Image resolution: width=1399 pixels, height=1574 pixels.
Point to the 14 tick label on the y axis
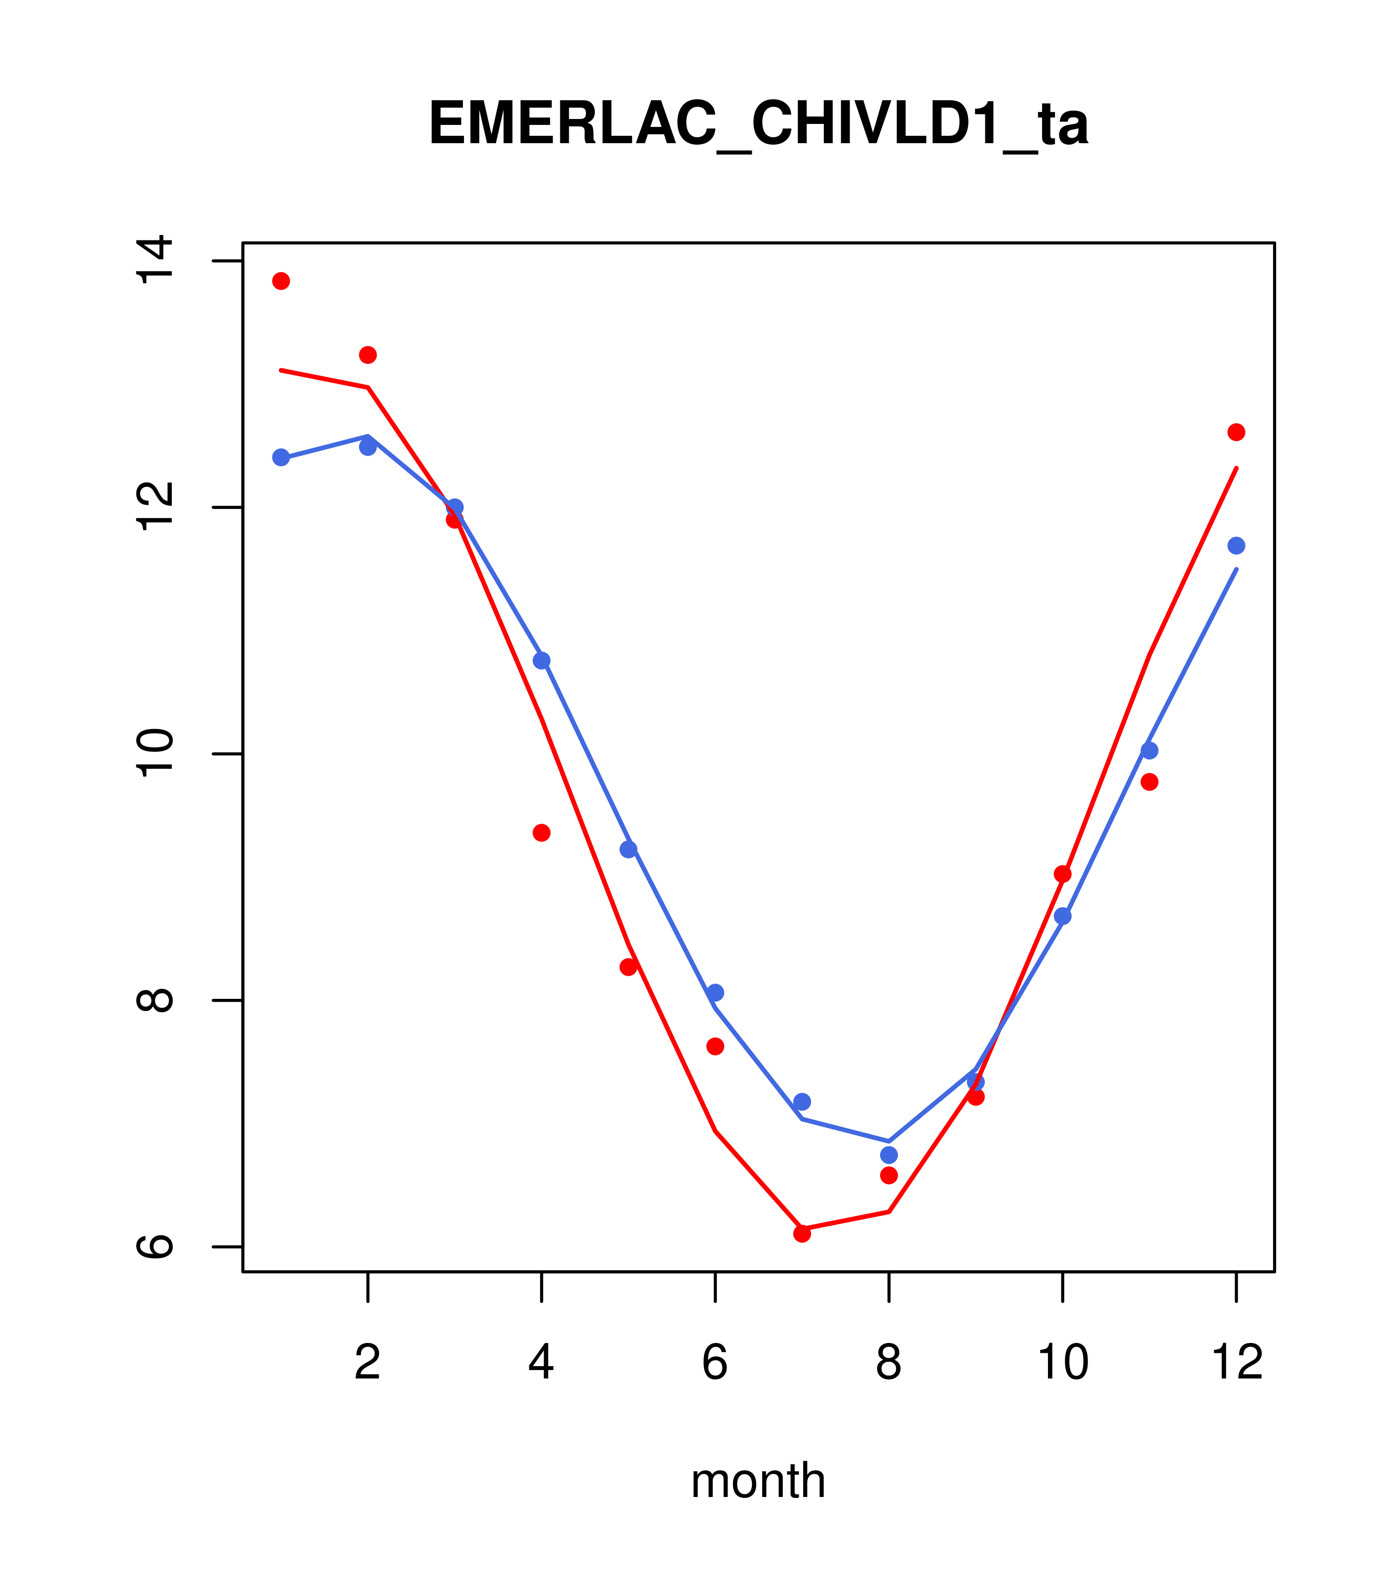click(x=155, y=261)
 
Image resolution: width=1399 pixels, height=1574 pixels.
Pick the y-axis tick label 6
click(x=155, y=1246)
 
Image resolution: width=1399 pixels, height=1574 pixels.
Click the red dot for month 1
click(x=281, y=281)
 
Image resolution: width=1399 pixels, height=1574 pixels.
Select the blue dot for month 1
click(x=281, y=457)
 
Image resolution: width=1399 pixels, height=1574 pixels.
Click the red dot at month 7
click(x=802, y=1233)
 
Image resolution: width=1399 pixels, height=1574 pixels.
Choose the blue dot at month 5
click(x=628, y=849)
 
